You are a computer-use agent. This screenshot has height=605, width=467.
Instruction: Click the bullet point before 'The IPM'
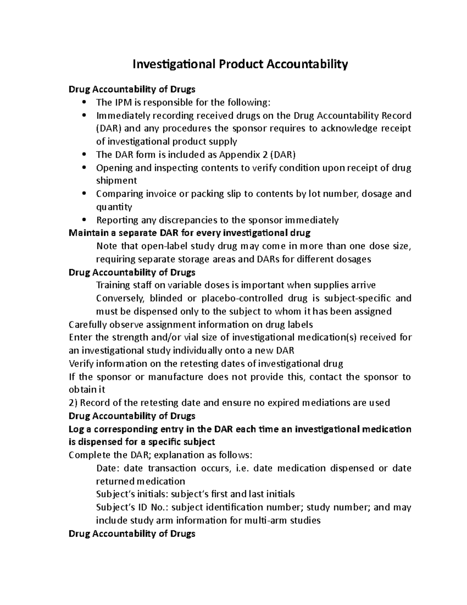coord(85,102)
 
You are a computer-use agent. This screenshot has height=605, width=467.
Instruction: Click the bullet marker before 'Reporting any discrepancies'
coord(85,220)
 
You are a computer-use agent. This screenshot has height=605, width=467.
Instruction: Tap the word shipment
coord(116,181)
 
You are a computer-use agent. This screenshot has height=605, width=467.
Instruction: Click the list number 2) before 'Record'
coord(73,403)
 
